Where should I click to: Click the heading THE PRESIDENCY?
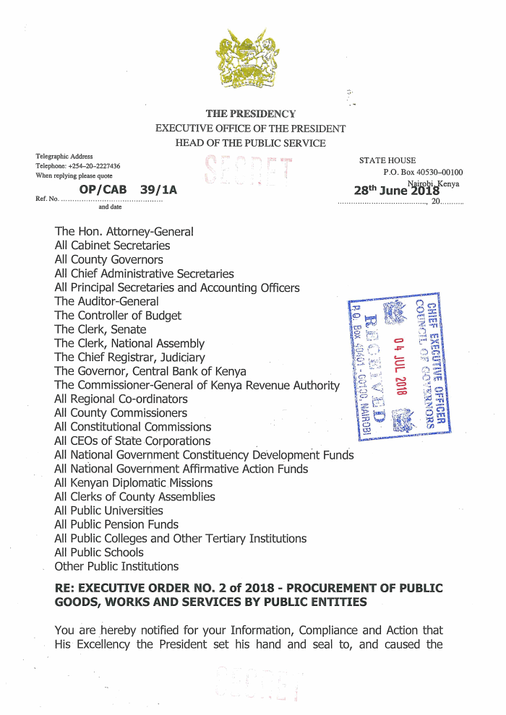point(251,113)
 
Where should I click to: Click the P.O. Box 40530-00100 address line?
point(423,172)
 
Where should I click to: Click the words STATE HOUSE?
point(387,160)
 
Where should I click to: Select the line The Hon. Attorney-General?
point(124,232)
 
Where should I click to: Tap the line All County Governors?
point(109,260)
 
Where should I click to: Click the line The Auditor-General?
point(107,302)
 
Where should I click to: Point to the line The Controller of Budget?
point(119,316)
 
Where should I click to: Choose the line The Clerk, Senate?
point(100,330)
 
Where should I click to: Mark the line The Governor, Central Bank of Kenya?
point(150,371)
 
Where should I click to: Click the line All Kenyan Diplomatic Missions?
point(134,482)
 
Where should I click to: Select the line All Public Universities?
point(109,511)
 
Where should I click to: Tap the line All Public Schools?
point(99,552)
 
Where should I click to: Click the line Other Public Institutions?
point(116,566)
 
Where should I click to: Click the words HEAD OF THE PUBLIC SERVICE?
point(251,143)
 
